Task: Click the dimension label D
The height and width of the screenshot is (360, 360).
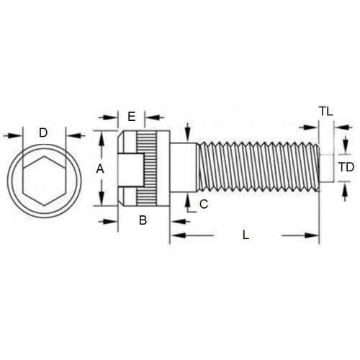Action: tap(43, 132)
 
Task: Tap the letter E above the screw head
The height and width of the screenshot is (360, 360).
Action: tap(131, 117)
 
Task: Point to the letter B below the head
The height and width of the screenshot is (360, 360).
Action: tap(143, 220)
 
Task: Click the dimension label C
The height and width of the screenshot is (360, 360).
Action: tap(203, 204)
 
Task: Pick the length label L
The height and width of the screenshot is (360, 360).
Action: tap(246, 235)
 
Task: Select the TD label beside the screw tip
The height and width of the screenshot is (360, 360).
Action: tap(346, 167)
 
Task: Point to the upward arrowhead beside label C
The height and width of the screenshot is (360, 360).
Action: tap(187, 197)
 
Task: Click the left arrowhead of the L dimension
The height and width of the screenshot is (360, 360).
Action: tap(175, 235)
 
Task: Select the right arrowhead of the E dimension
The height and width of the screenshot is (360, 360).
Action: tap(150, 117)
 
